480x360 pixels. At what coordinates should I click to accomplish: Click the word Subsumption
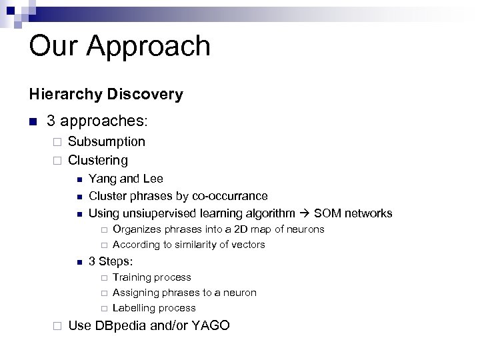coord(106,141)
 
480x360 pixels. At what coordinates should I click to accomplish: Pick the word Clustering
coord(98,160)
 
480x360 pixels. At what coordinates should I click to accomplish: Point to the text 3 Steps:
coord(111,261)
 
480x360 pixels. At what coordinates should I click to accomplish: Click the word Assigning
coord(136,293)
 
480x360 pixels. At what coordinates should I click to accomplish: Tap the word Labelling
coord(135,308)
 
